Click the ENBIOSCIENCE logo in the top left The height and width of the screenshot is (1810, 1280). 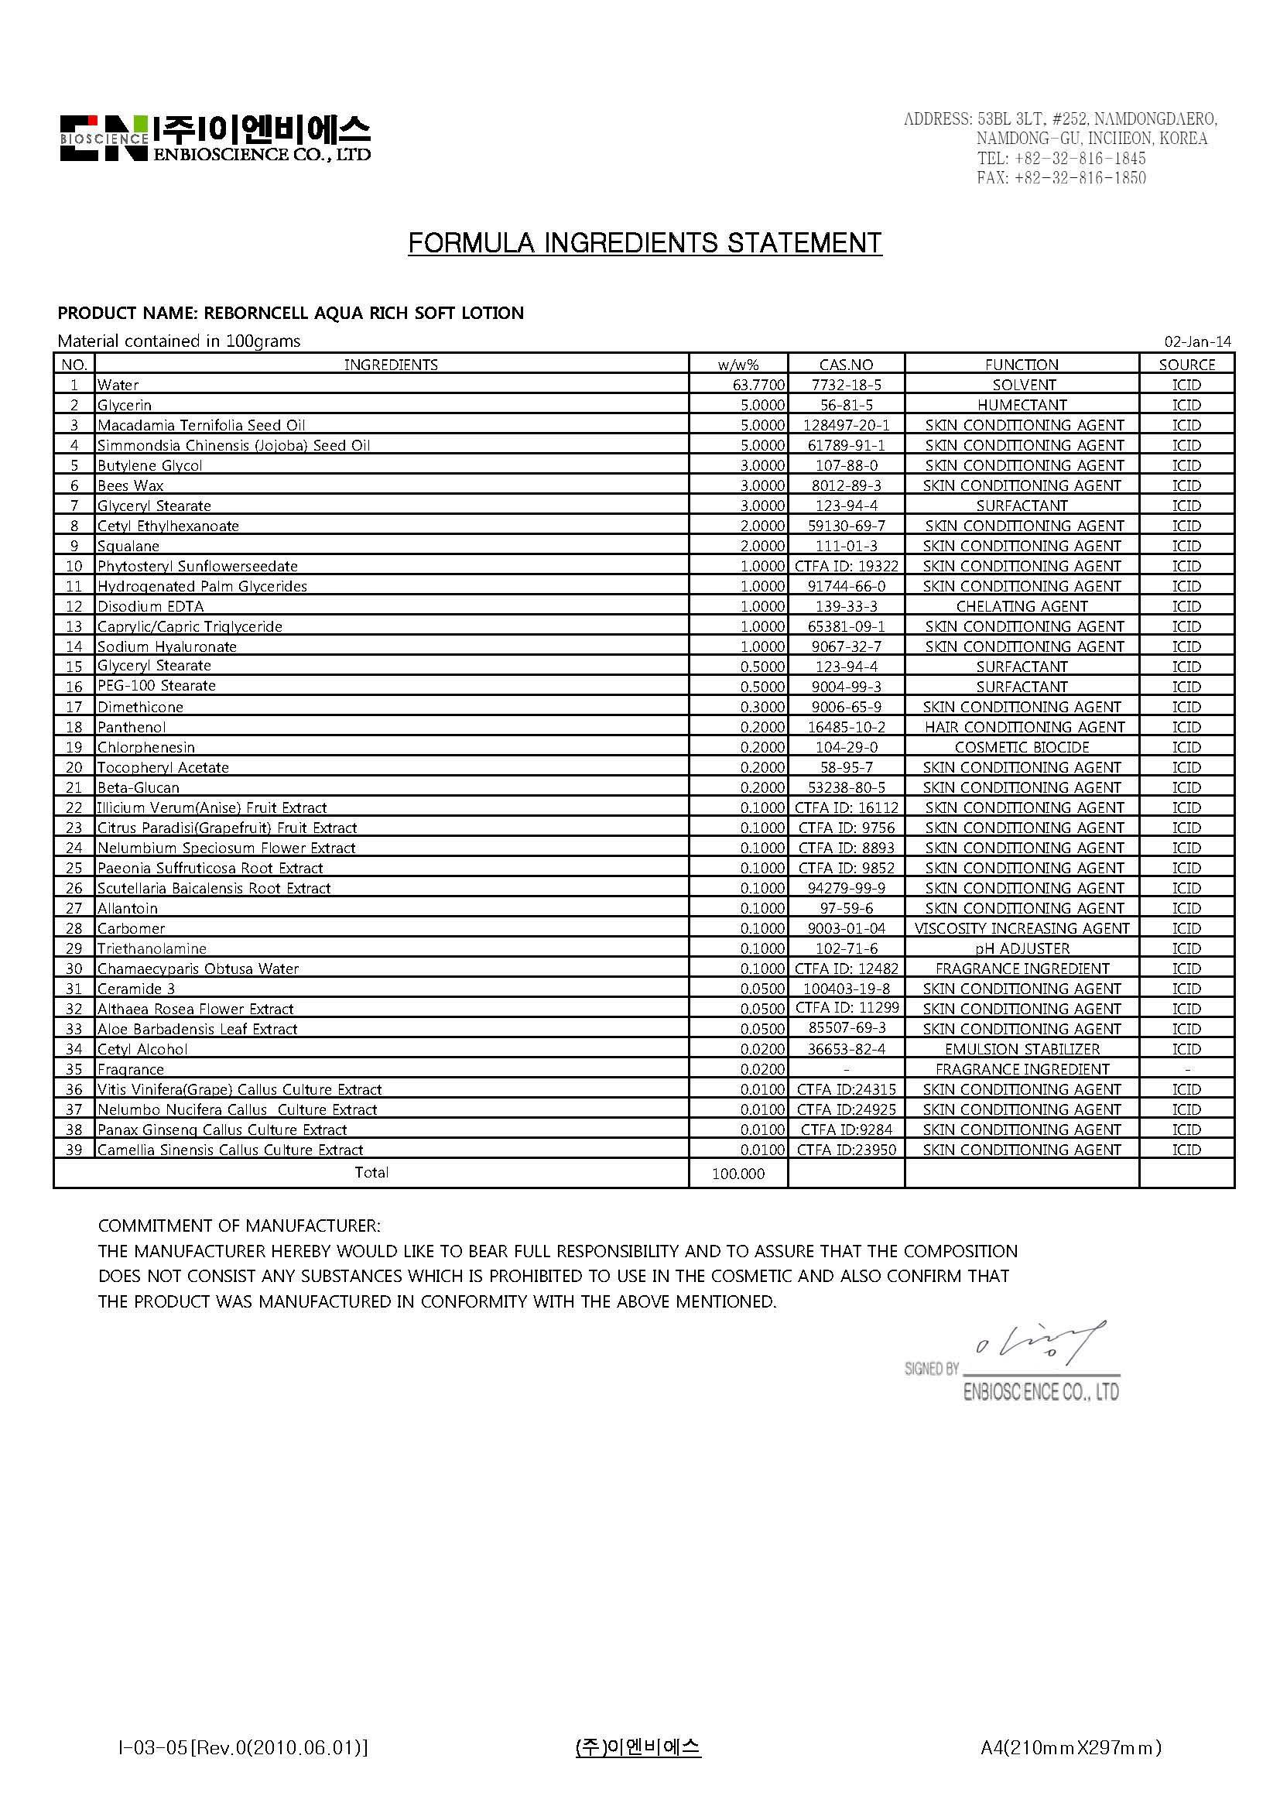point(214,139)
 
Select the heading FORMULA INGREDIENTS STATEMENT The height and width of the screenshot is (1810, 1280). point(644,243)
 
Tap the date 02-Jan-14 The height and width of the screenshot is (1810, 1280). point(1196,342)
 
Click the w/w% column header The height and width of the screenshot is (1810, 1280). point(738,365)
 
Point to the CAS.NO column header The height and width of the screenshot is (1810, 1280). point(846,365)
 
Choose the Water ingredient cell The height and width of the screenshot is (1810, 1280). point(118,386)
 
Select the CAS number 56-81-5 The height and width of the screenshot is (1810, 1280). point(846,405)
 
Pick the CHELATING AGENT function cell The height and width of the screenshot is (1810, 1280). point(1022,606)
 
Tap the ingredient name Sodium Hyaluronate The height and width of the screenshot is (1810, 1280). point(166,646)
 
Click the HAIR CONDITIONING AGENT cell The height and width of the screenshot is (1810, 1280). point(1022,727)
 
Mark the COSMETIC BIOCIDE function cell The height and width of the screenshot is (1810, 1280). point(1022,747)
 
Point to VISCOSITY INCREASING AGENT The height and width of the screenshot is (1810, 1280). point(1022,929)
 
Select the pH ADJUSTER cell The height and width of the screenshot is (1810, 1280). point(1022,948)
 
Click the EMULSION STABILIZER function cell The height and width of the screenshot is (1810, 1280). point(1022,1049)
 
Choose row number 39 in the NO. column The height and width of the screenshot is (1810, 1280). point(74,1150)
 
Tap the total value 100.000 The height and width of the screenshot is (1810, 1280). point(738,1174)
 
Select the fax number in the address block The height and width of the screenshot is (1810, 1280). point(1061,178)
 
